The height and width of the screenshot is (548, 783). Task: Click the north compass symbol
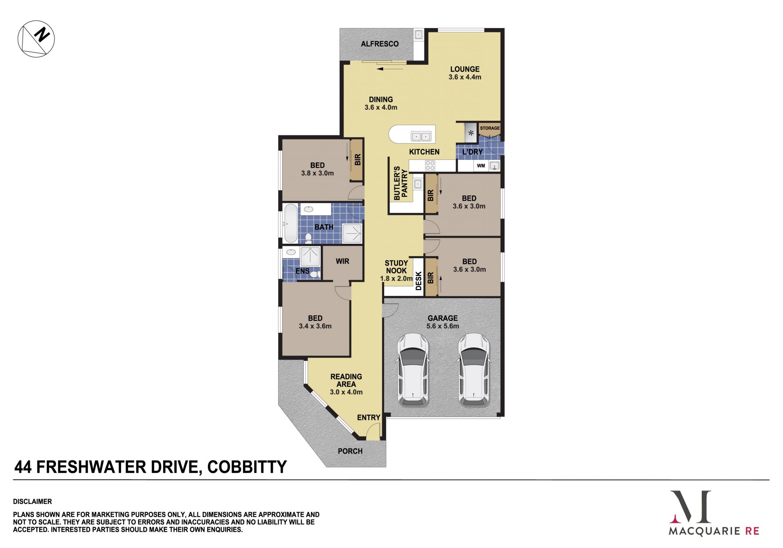click(36, 39)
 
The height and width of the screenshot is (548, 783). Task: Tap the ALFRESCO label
click(380, 44)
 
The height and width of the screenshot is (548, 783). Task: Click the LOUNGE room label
click(465, 69)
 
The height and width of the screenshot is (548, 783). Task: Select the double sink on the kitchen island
click(421, 136)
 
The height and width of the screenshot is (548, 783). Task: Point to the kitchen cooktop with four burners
click(430, 165)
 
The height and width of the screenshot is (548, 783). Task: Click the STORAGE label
click(490, 128)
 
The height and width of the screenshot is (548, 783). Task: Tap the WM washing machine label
click(481, 166)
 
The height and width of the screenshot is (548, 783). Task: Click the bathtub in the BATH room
click(290, 223)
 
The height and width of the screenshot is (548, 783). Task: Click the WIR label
click(343, 261)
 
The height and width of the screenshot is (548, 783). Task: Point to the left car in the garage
click(413, 370)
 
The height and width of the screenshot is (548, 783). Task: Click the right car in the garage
click(474, 370)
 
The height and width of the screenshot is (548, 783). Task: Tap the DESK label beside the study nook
click(418, 281)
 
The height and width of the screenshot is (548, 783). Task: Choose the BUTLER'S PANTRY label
click(400, 183)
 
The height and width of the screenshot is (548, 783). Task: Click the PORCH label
click(350, 451)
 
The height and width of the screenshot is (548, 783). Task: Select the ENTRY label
click(369, 418)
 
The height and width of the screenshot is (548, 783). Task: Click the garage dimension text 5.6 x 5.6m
click(443, 326)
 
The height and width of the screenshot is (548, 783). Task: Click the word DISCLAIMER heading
click(33, 502)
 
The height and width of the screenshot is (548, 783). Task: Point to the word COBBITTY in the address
click(247, 467)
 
